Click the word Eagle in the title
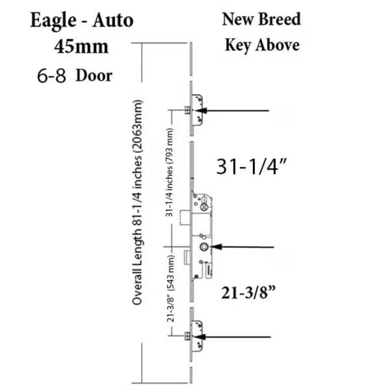coord(53,21)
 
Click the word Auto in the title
coord(113,20)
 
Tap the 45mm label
coord(81,47)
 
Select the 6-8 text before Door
coord(52,75)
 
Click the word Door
coord(94,75)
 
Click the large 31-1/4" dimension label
coord(252,166)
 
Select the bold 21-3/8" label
coord(248,292)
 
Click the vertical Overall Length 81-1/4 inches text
coord(137,202)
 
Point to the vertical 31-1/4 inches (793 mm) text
coord(169,172)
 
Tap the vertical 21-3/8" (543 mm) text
coord(170,289)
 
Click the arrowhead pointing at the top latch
coord(201,110)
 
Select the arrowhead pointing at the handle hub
coord(216,247)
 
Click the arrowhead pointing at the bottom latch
coord(199,337)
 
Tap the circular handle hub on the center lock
coord(204,247)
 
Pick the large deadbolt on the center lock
coord(185,218)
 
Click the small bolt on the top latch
coord(187,110)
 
